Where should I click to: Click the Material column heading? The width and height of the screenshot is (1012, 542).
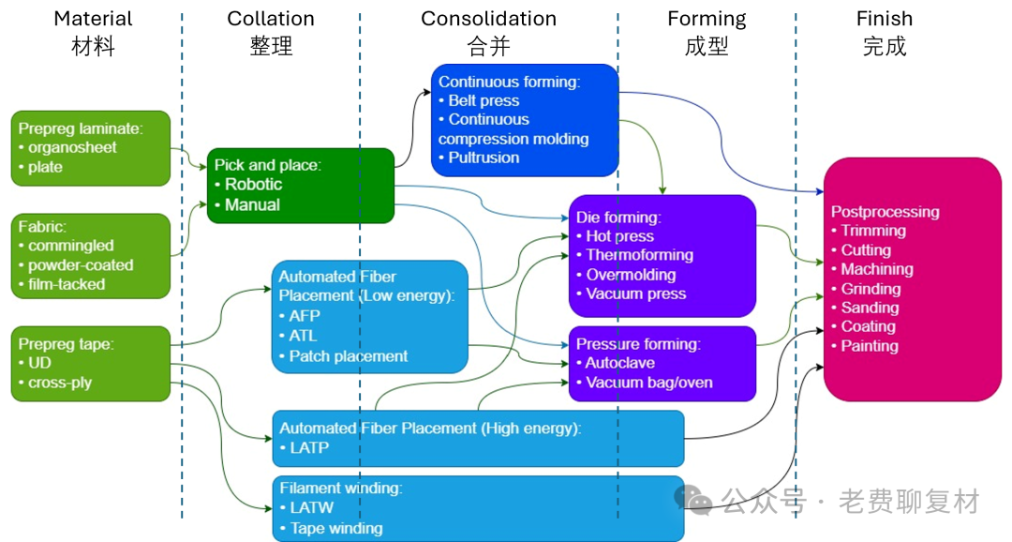[x=93, y=19]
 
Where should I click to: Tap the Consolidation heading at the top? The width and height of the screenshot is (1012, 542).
[x=488, y=19]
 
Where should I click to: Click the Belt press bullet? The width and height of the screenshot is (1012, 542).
[x=479, y=100]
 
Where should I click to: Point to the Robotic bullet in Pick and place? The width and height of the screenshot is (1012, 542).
[x=248, y=185]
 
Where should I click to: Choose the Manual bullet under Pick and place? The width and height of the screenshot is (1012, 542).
[x=247, y=205]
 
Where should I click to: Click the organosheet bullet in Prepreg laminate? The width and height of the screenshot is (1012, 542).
[x=67, y=148]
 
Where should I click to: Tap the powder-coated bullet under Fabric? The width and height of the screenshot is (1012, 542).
[x=76, y=265]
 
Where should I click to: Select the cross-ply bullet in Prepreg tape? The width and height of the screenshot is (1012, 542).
[x=55, y=384]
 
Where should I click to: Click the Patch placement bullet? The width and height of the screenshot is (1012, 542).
[x=343, y=356]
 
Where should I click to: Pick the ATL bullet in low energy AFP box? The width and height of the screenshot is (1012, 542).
[x=298, y=336]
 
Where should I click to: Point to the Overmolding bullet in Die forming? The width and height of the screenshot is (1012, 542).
[x=626, y=275]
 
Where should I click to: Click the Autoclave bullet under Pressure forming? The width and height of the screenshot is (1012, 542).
[x=616, y=363]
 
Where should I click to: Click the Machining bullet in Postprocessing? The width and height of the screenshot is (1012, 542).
[x=872, y=269]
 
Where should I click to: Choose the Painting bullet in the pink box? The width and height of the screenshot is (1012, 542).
[x=865, y=346]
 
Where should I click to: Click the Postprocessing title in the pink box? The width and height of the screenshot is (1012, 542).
[x=885, y=212]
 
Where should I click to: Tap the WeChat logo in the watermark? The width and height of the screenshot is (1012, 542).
[x=692, y=500]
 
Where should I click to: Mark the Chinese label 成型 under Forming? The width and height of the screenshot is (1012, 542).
[x=707, y=47]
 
